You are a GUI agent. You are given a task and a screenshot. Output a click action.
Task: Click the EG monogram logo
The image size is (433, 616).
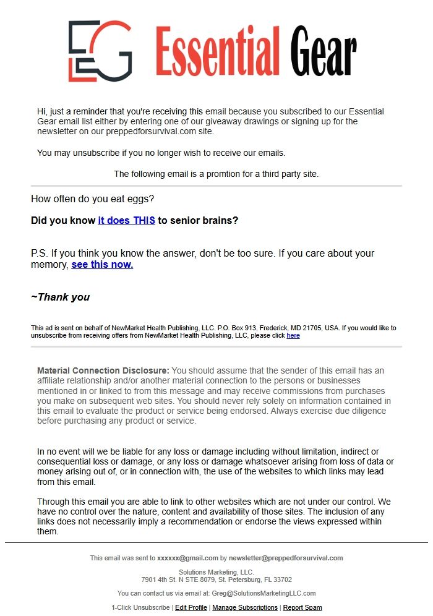tap(100, 51)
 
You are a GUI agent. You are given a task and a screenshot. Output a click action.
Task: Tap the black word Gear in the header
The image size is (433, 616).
tap(324, 51)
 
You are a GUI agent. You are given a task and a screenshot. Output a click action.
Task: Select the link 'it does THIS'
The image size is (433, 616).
tap(126, 220)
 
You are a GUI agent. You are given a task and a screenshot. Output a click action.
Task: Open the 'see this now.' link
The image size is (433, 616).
tap(102, 265)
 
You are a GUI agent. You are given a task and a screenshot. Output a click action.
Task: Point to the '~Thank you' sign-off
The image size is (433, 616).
tap(60, 297)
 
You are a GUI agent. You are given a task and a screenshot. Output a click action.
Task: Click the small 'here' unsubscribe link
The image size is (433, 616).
tap(293, 335)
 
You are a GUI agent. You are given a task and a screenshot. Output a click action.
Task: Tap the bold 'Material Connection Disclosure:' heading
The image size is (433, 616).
tap(103, 370)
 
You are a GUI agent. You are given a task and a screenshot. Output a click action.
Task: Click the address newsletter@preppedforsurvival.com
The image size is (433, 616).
tap(286, 558)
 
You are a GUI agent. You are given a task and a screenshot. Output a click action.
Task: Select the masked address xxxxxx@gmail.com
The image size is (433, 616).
tap(187, 558)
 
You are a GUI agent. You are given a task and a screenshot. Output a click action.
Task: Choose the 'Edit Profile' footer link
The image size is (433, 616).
tap(191, 607)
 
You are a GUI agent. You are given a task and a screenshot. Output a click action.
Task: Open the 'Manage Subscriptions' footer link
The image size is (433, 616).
tap(245, 607)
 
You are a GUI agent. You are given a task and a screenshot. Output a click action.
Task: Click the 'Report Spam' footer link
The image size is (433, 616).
tap(302, 607)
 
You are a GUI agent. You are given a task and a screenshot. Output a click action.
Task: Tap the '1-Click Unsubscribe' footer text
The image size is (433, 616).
tap(141, 607)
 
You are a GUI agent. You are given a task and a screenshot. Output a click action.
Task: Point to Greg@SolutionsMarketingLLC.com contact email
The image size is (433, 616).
tap(264, 593)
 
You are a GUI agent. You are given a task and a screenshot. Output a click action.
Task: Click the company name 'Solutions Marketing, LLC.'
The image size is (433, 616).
tap(216, 572)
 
